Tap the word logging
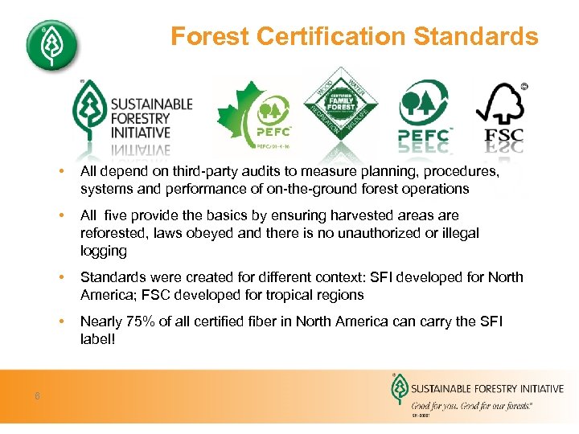point(104,251)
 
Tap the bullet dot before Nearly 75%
point(60,321)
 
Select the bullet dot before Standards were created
point(60,277)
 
